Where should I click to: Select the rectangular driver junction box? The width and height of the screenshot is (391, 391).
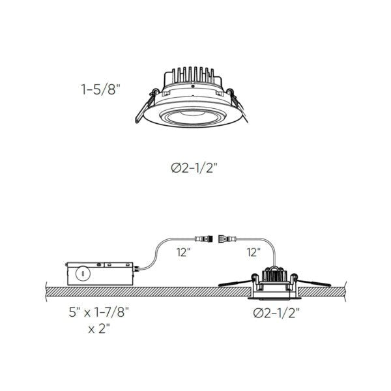click(x=101, y=272)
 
